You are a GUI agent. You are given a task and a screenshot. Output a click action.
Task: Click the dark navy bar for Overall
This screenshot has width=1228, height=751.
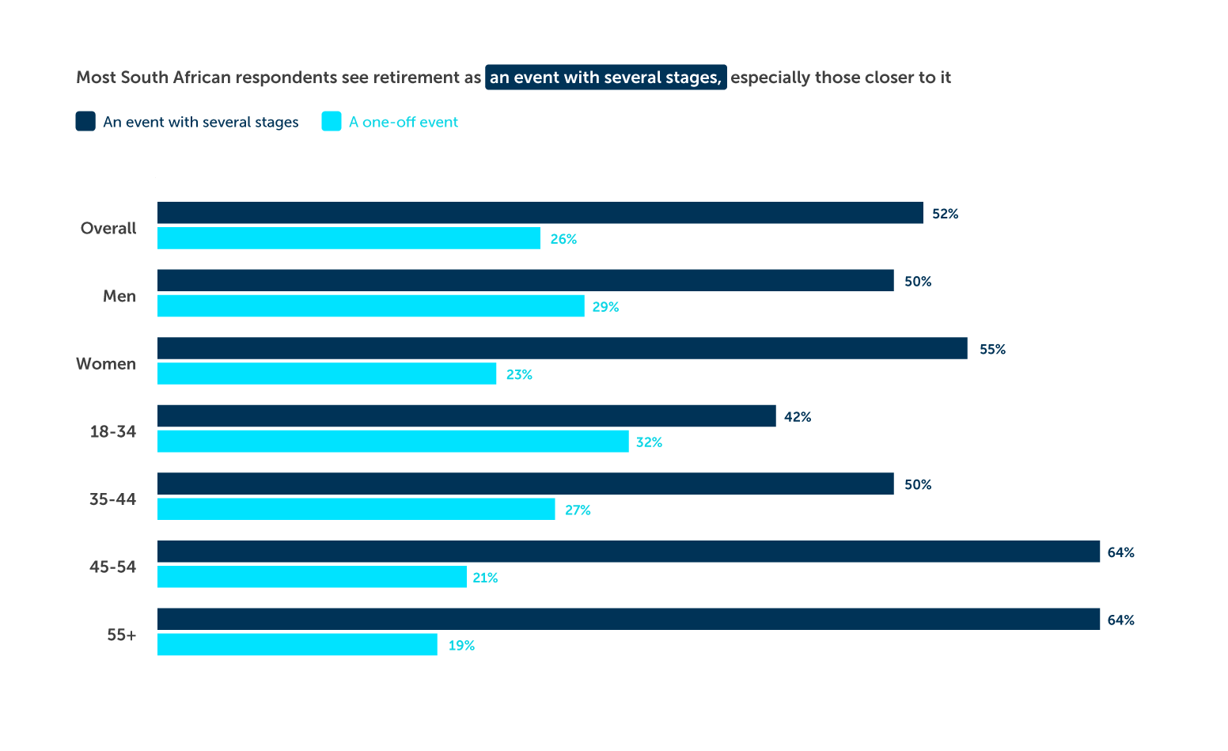[x=540, y=213]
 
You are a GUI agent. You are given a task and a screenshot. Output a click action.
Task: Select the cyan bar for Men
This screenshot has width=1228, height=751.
[x=370, y=306]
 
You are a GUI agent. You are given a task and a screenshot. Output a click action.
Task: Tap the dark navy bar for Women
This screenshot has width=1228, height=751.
[x=562, y=348]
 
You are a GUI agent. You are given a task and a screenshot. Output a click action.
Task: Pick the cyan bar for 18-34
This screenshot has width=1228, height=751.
[x=392, y=442]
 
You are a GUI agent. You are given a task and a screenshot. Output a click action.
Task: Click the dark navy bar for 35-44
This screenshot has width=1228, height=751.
[x=525, y=484]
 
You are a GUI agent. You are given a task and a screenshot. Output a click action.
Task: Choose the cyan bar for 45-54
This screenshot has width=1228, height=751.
[x=312, y=577]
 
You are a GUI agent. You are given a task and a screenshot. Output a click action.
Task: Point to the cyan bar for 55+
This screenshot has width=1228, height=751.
[x=297, y=645]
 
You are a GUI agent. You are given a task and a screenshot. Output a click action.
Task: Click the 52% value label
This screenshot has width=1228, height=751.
[x=945, y=214]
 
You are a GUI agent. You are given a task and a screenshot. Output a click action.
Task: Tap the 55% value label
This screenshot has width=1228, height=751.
[x=992, y=349]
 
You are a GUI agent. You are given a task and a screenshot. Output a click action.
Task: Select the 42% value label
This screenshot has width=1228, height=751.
[x=798, y=417]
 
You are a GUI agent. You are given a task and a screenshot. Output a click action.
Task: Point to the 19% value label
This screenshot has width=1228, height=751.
[x=461, y=646]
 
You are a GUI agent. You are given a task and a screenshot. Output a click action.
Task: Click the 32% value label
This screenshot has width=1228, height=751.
[x=649, y=442]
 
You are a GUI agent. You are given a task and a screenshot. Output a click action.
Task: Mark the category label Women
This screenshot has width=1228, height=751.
[x=106, y=364]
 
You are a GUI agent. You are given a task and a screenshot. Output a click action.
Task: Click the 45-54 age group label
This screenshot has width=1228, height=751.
[x=112, y=567]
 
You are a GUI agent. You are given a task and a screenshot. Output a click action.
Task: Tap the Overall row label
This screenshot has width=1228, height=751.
[x=108, y=229]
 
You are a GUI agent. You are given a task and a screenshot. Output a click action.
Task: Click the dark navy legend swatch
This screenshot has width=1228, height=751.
[x=85, y=121]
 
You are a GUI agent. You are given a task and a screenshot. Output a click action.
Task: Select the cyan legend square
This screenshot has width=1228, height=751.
[x=332, y=121]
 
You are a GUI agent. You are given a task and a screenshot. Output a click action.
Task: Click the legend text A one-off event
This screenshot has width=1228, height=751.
[x=404, y=122]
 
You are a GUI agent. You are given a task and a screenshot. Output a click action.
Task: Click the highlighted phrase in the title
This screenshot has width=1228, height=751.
[x=605, y=78]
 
